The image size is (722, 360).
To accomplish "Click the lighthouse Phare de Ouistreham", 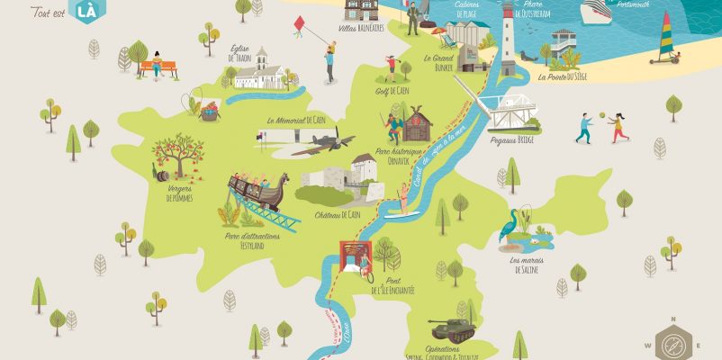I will click(508, 34).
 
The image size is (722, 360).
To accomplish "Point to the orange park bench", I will click(158, 69).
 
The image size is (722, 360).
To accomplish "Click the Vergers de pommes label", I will click(180, 194).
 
